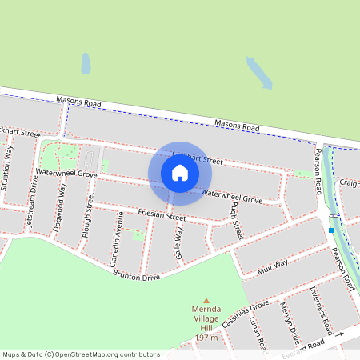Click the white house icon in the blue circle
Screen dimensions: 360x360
(180, 173)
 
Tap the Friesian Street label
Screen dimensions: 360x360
(162, 215)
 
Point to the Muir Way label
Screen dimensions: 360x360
(274, 264)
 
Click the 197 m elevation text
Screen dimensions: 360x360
(206, 338)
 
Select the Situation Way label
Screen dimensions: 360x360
(9, 168)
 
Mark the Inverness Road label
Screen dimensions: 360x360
(325, 309)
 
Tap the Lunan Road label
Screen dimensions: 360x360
(257, 332)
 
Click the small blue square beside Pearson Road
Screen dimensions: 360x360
(330, 230)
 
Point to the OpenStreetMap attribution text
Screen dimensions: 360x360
(80, 354)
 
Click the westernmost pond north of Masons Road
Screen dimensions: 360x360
(86, 63)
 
